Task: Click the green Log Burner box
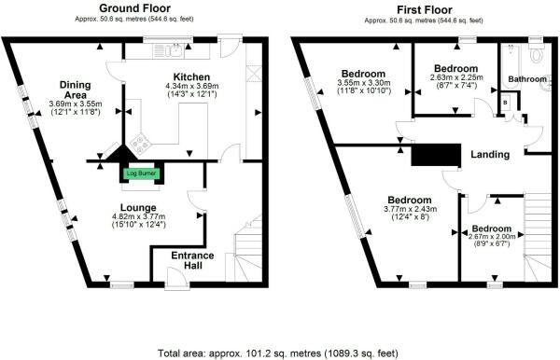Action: pos(142,173)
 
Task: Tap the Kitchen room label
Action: pos(191,77)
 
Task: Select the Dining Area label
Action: pos(75,90)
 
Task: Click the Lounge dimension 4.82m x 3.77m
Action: pos(138,216)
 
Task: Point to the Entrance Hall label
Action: pos(192,260)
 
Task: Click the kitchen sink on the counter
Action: pos(176,50)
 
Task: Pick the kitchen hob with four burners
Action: pos(140,143)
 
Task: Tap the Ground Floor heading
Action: pos(134,7)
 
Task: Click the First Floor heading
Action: pos(425,9)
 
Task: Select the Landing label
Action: pos(490,155)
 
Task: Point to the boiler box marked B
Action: pos(505,103)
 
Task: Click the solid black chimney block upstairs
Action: pos(436,155)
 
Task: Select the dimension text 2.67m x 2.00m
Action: pos(492,237)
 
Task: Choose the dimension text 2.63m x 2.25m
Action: pos(456,77)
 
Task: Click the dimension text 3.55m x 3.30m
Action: pos(364,83)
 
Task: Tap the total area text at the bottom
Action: pos(278,353)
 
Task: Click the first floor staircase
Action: pos(538,237)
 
